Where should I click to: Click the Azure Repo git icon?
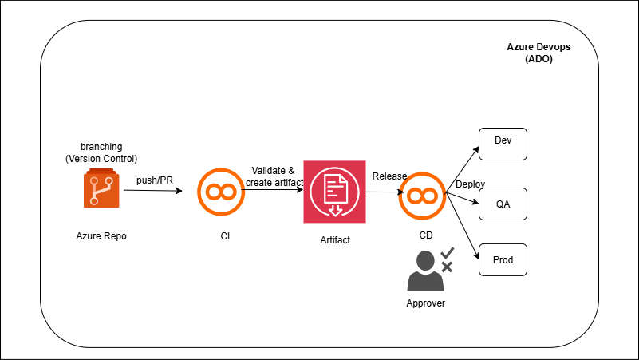pos(101,189)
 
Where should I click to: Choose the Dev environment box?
pos(503,141)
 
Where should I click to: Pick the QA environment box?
pos(503,204)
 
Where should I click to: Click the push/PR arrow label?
pos(155,180)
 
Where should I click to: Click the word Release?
pos(389,176)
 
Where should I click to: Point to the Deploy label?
pos(470,184)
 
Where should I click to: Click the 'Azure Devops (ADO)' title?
pos(538,53)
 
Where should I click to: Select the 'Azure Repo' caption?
pos(101,236)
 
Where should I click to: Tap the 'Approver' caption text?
pos(425,303)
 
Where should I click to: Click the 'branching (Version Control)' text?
pos(101,152)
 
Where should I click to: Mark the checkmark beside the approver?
pos(447,252)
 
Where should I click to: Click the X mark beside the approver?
pos(448,267)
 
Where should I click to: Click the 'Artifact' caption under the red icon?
pos(335,239)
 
